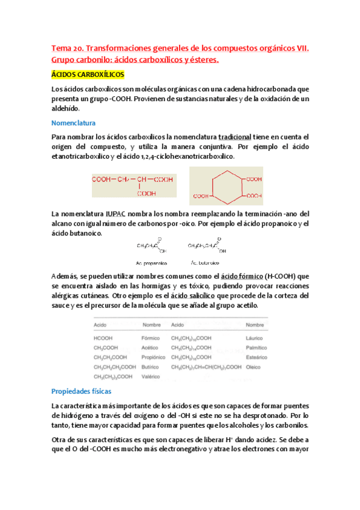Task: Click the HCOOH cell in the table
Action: click(103, 337)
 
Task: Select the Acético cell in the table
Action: click(150, 347)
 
